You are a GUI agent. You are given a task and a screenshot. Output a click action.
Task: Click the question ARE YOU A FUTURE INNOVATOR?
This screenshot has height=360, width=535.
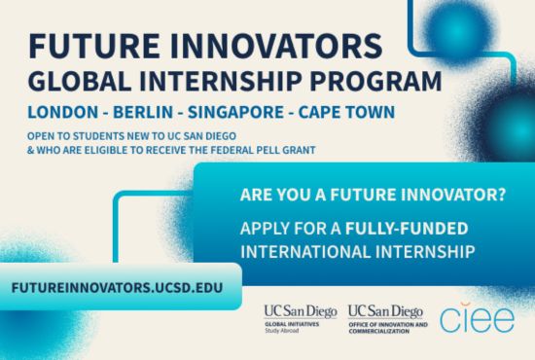tap(373, 195)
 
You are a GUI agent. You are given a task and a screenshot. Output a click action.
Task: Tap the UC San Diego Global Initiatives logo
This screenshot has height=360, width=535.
tap(300, 317)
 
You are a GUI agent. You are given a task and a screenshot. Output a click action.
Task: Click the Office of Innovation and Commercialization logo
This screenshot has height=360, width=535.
tap(386, 317)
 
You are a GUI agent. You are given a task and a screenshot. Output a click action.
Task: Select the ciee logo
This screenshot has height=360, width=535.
tap(477, 319)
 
